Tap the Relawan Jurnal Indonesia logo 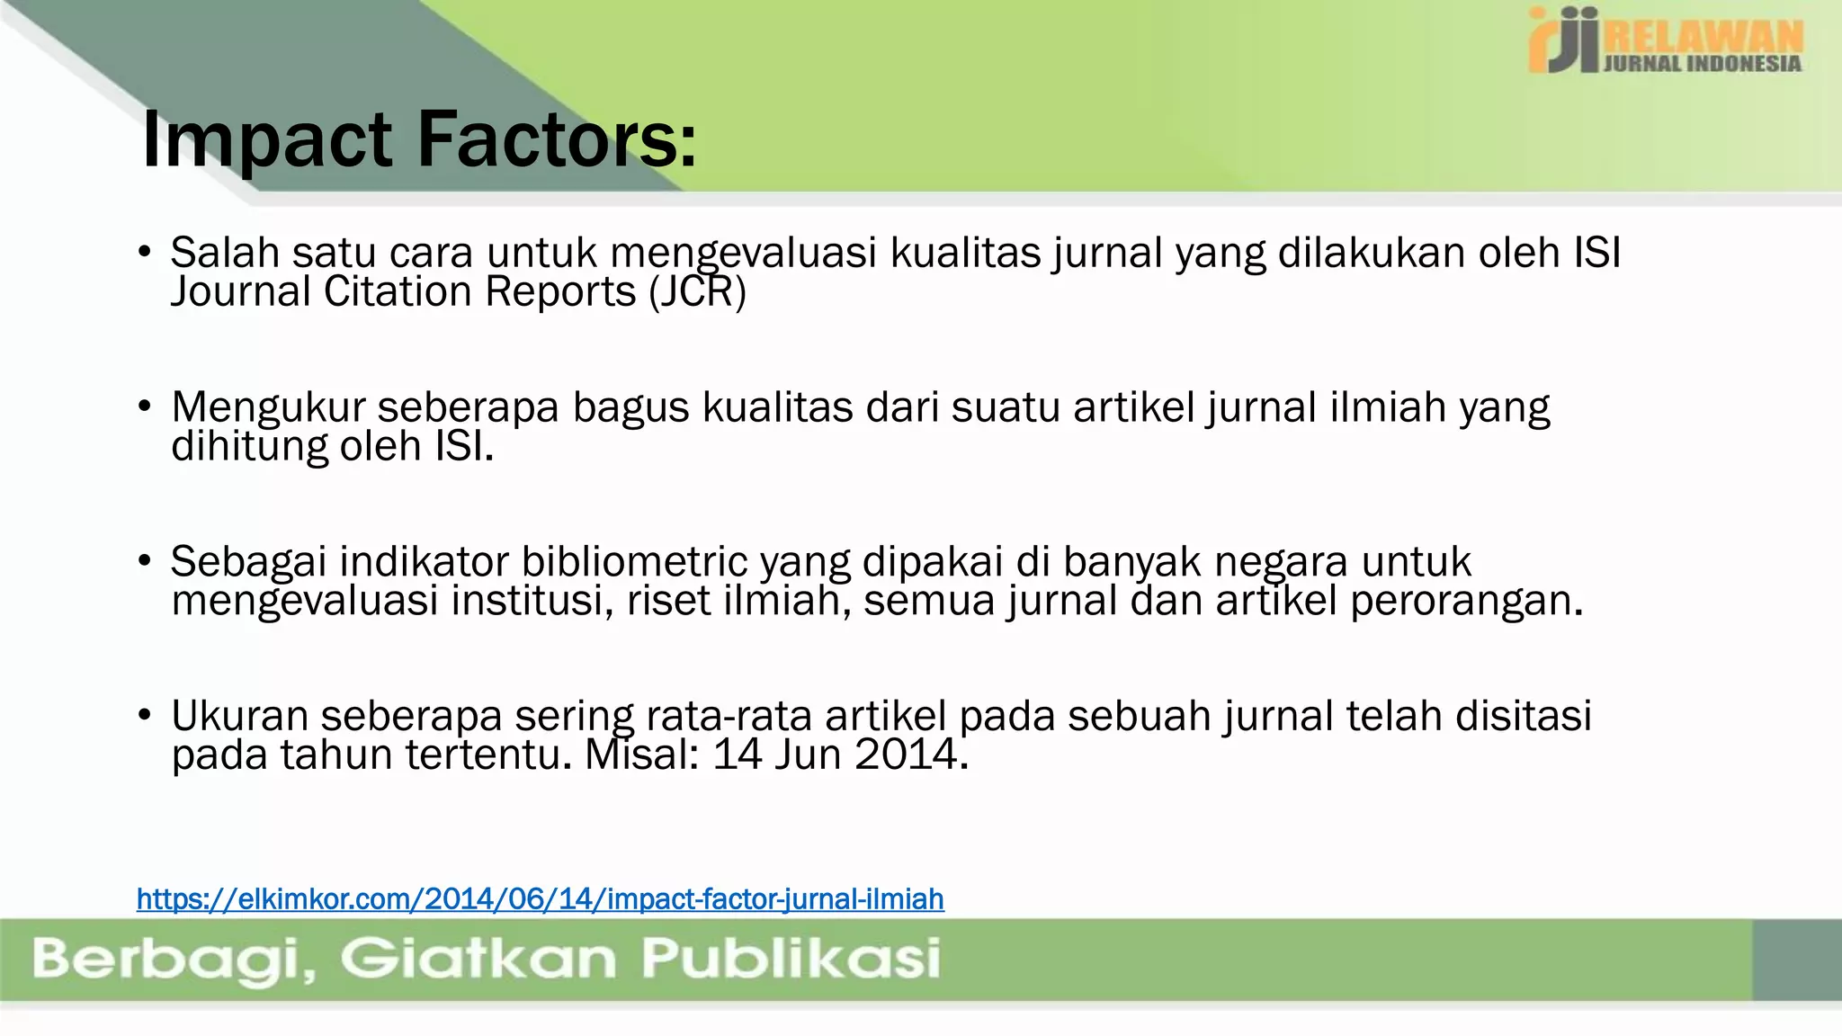pyautogui.click(x=1665, y=40)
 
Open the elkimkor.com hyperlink pyautogui.click(x=540, y=898)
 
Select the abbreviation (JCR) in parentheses pyautogui.click(x=697, y=292)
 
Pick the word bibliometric pyautogui.click(x=634, y=562)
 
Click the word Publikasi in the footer pyautogui.click(x=791, y=959)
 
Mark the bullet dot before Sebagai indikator pyautogui.click(x=145, y=562)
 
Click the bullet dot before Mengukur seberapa pyautogui.click(x=145, y=407)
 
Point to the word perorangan pyautogui.click(x=1466, y=601)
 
